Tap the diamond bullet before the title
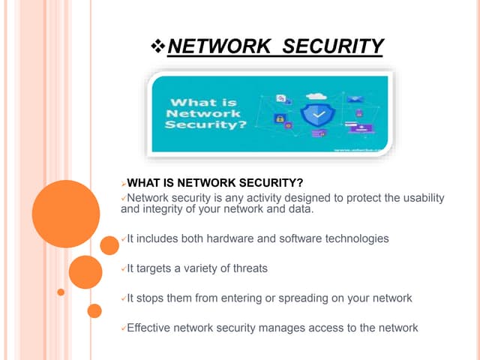click(157, 48)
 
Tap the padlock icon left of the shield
click(279, 118)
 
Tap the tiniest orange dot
click(61, 292)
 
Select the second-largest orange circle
click(85, 272)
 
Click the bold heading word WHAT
click(143, 182)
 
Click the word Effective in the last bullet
click(151, 327)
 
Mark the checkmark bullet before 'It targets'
click(123, 268)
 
